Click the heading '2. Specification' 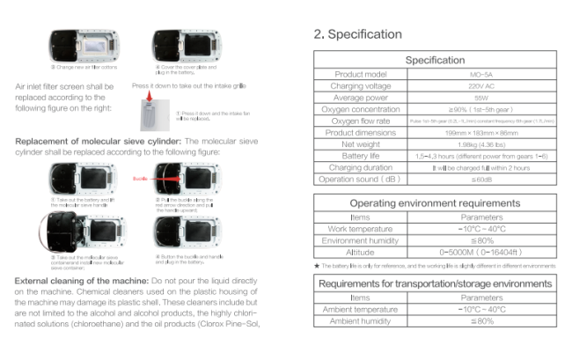pyautogui.click(x=358, y=34)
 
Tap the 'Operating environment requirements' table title pyautogui.click(x=435, y=203)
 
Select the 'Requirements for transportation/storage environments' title pyautogui.click(x=435, y=283)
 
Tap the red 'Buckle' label pyautogui.click(x=139, y=177)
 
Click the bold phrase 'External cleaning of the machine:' pyautogui.click(x=74, y=281)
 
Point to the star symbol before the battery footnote pyautogui.click(x=316, y=265)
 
